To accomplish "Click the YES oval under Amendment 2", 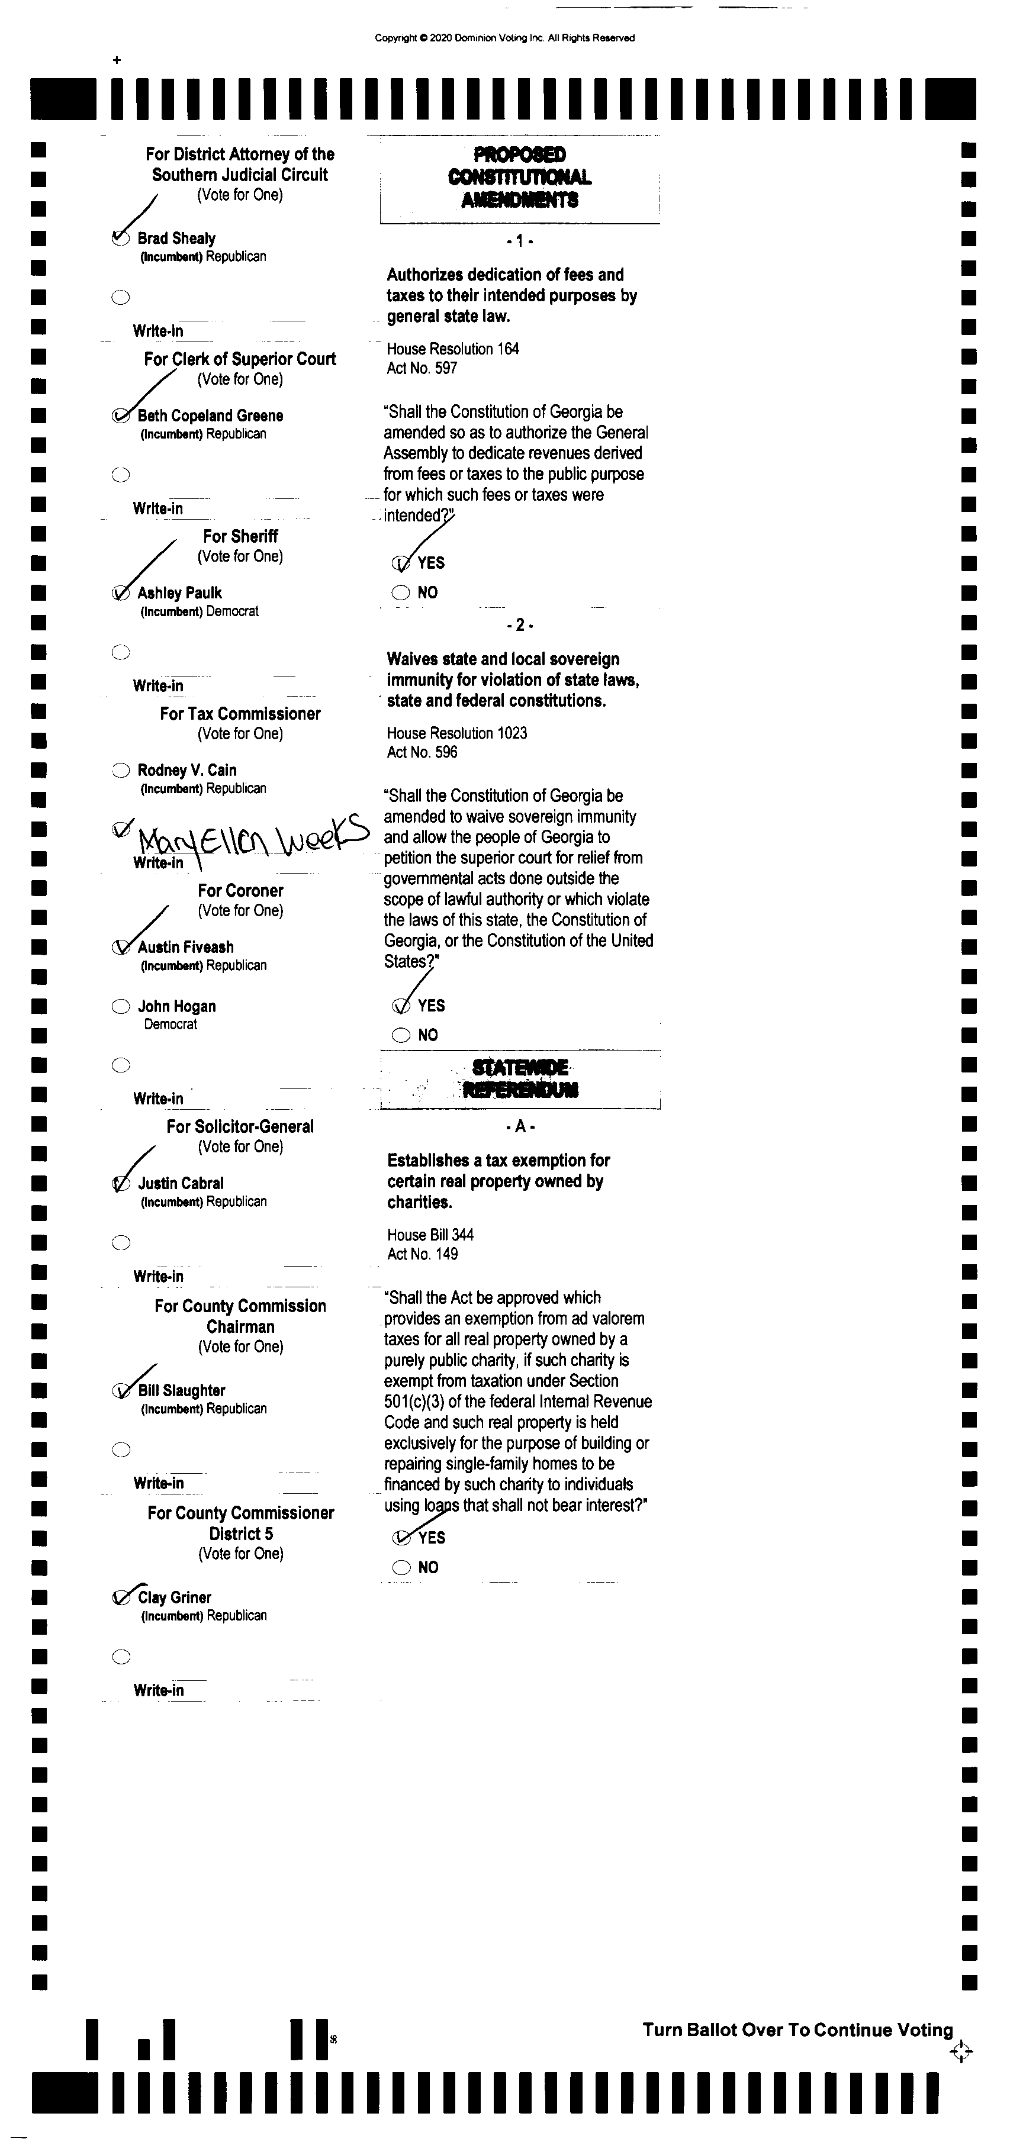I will tap(401, 1006).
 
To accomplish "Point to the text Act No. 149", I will tap(422, 1254).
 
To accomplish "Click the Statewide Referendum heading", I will tap(520, 1078).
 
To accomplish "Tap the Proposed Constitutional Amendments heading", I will tap(520, 177).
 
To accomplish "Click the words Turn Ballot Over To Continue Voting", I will tap(797, 2030).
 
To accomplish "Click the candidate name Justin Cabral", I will tap(180, 1183).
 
